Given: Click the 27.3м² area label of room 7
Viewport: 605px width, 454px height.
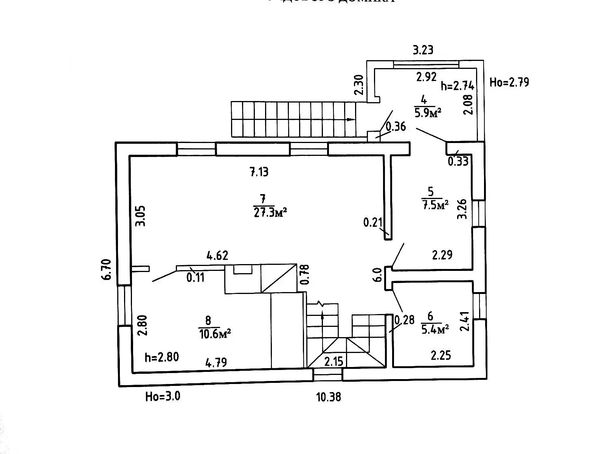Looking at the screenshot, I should [269, 212].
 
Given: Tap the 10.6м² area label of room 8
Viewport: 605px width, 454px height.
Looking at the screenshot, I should [214, 334].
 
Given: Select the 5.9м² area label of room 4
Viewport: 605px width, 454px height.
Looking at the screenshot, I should [428, 112].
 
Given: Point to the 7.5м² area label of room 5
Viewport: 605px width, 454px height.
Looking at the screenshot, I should [434, 205].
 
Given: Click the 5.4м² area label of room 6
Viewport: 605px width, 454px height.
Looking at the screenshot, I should [434, 329].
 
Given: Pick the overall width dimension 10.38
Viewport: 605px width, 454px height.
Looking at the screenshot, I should [328, 397].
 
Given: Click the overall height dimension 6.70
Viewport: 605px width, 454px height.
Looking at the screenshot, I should [107, 269].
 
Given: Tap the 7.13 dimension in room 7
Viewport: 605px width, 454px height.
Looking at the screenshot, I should [259, 172].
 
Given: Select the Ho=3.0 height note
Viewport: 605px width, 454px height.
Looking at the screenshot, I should [163, 396].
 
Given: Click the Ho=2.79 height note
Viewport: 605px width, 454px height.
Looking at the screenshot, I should [509, 82].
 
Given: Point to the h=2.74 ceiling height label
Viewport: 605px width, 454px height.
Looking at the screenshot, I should [458, 86].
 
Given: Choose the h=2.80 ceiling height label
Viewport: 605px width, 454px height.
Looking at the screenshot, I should [162, 357].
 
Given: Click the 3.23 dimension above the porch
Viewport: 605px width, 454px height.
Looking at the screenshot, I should [423, 50].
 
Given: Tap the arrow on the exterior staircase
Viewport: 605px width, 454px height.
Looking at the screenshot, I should [350, 120].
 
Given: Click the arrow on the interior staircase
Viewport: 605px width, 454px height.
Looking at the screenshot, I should [322, 314].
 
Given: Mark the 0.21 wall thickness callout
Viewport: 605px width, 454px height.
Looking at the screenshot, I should [373, 222].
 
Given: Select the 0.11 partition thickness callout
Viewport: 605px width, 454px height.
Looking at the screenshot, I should [195, 277].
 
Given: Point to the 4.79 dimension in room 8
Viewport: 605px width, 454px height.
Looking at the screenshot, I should [216, 363].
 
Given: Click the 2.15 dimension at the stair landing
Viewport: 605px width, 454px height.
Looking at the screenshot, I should [334, 361].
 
